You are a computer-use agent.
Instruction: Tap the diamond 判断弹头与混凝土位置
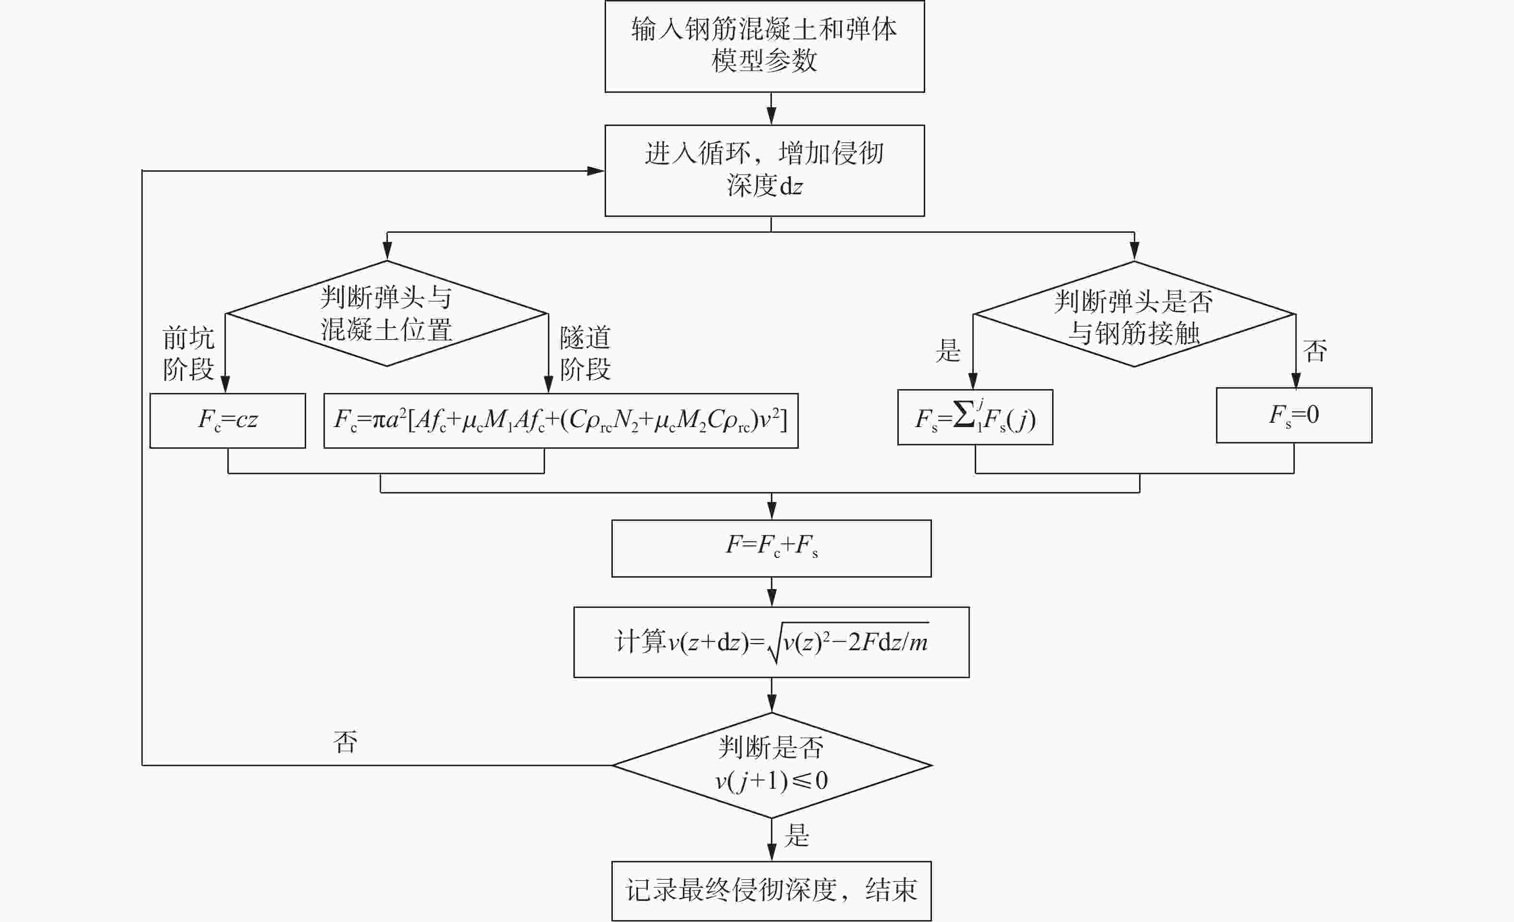tap(386, 314)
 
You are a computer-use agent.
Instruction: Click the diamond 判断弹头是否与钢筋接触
tap(1134, 314)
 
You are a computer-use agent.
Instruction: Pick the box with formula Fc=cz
tap(227, 420)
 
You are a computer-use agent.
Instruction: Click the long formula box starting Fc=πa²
tap(561, 420)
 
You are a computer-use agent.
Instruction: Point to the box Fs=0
tap(1294, 415)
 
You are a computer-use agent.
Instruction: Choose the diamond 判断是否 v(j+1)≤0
tap(772, 765)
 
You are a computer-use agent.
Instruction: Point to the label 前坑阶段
tap(188, 354)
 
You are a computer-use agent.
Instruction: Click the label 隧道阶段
tap(585, 354)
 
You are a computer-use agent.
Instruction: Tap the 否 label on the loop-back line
tap(345, 742)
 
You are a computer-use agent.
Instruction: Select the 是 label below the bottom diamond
tap(797, 836)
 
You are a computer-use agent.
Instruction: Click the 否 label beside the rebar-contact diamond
tap(1315, 351)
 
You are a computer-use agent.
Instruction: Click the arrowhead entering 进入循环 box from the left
tap(596, 171)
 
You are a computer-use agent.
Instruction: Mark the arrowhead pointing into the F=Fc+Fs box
tap(772, 511)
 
